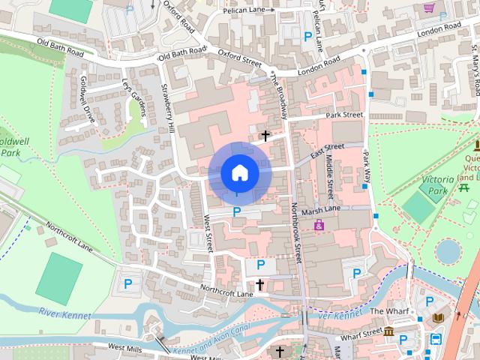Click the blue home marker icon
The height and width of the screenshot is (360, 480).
239,173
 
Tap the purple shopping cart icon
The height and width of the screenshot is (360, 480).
429,7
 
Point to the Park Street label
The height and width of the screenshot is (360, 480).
344,115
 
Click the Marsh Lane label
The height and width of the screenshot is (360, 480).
321,209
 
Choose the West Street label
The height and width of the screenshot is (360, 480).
208,232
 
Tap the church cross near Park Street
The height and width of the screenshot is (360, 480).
265,136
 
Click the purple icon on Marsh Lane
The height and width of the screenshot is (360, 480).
319,225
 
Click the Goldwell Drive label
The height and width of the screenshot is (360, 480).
88,100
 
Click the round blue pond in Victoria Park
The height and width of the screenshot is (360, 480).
448,251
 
